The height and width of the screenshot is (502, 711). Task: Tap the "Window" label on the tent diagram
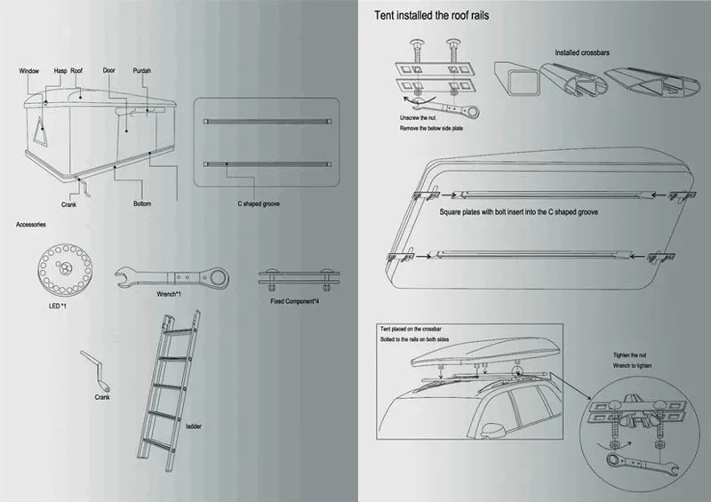[x=30, y=69]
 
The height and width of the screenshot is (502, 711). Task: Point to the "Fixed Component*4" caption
[x=300, y=301]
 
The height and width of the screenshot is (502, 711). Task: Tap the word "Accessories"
[x=31, y=224]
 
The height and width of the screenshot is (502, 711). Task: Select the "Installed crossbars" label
[x=583, y=52]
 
